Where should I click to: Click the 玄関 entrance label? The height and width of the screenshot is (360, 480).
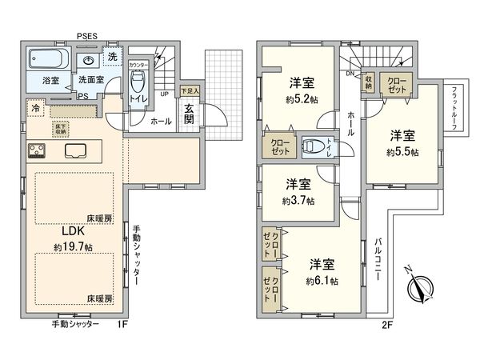pyautogui.click(x=190, y=114)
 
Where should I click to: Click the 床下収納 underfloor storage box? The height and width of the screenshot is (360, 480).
pyautogui.click(x=61, y=128)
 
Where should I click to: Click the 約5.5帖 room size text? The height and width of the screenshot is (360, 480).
pyautogui.click(x=402, y=150)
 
